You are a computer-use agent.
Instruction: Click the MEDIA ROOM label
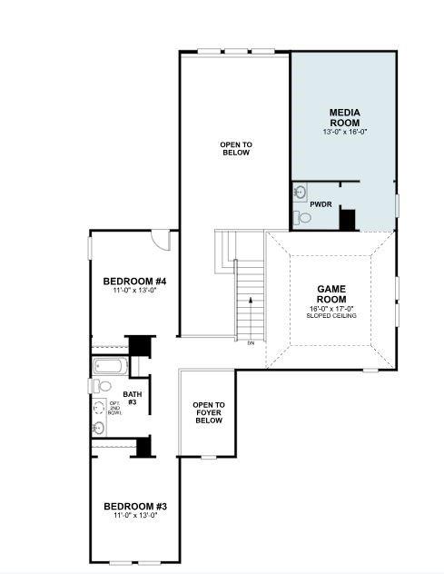pos(344,117)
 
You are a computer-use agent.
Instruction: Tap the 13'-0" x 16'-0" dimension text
pos(344,133)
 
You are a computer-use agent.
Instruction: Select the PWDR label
pos(321,204)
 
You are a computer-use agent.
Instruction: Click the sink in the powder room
pos(300,193)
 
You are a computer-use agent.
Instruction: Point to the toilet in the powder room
pos(300,217)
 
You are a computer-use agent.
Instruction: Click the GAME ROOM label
pos(331,294)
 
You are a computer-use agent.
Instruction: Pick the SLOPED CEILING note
pos(331,316)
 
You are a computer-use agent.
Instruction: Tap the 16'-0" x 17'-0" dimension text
pos(331,309)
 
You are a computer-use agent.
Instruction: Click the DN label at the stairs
pos(251,342)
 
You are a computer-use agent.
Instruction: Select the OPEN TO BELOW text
pos(235,149)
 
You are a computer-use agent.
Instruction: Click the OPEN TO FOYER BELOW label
pos(208,413)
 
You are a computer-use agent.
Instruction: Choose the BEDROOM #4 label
pos(133,281)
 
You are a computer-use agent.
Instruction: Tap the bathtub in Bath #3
pos(109,368)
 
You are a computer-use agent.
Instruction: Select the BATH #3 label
pos(132,398)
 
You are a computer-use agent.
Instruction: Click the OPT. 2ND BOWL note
pos(114,411)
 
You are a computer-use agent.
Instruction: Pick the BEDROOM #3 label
pos(134,506)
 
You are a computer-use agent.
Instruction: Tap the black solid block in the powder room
pos(346,219)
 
